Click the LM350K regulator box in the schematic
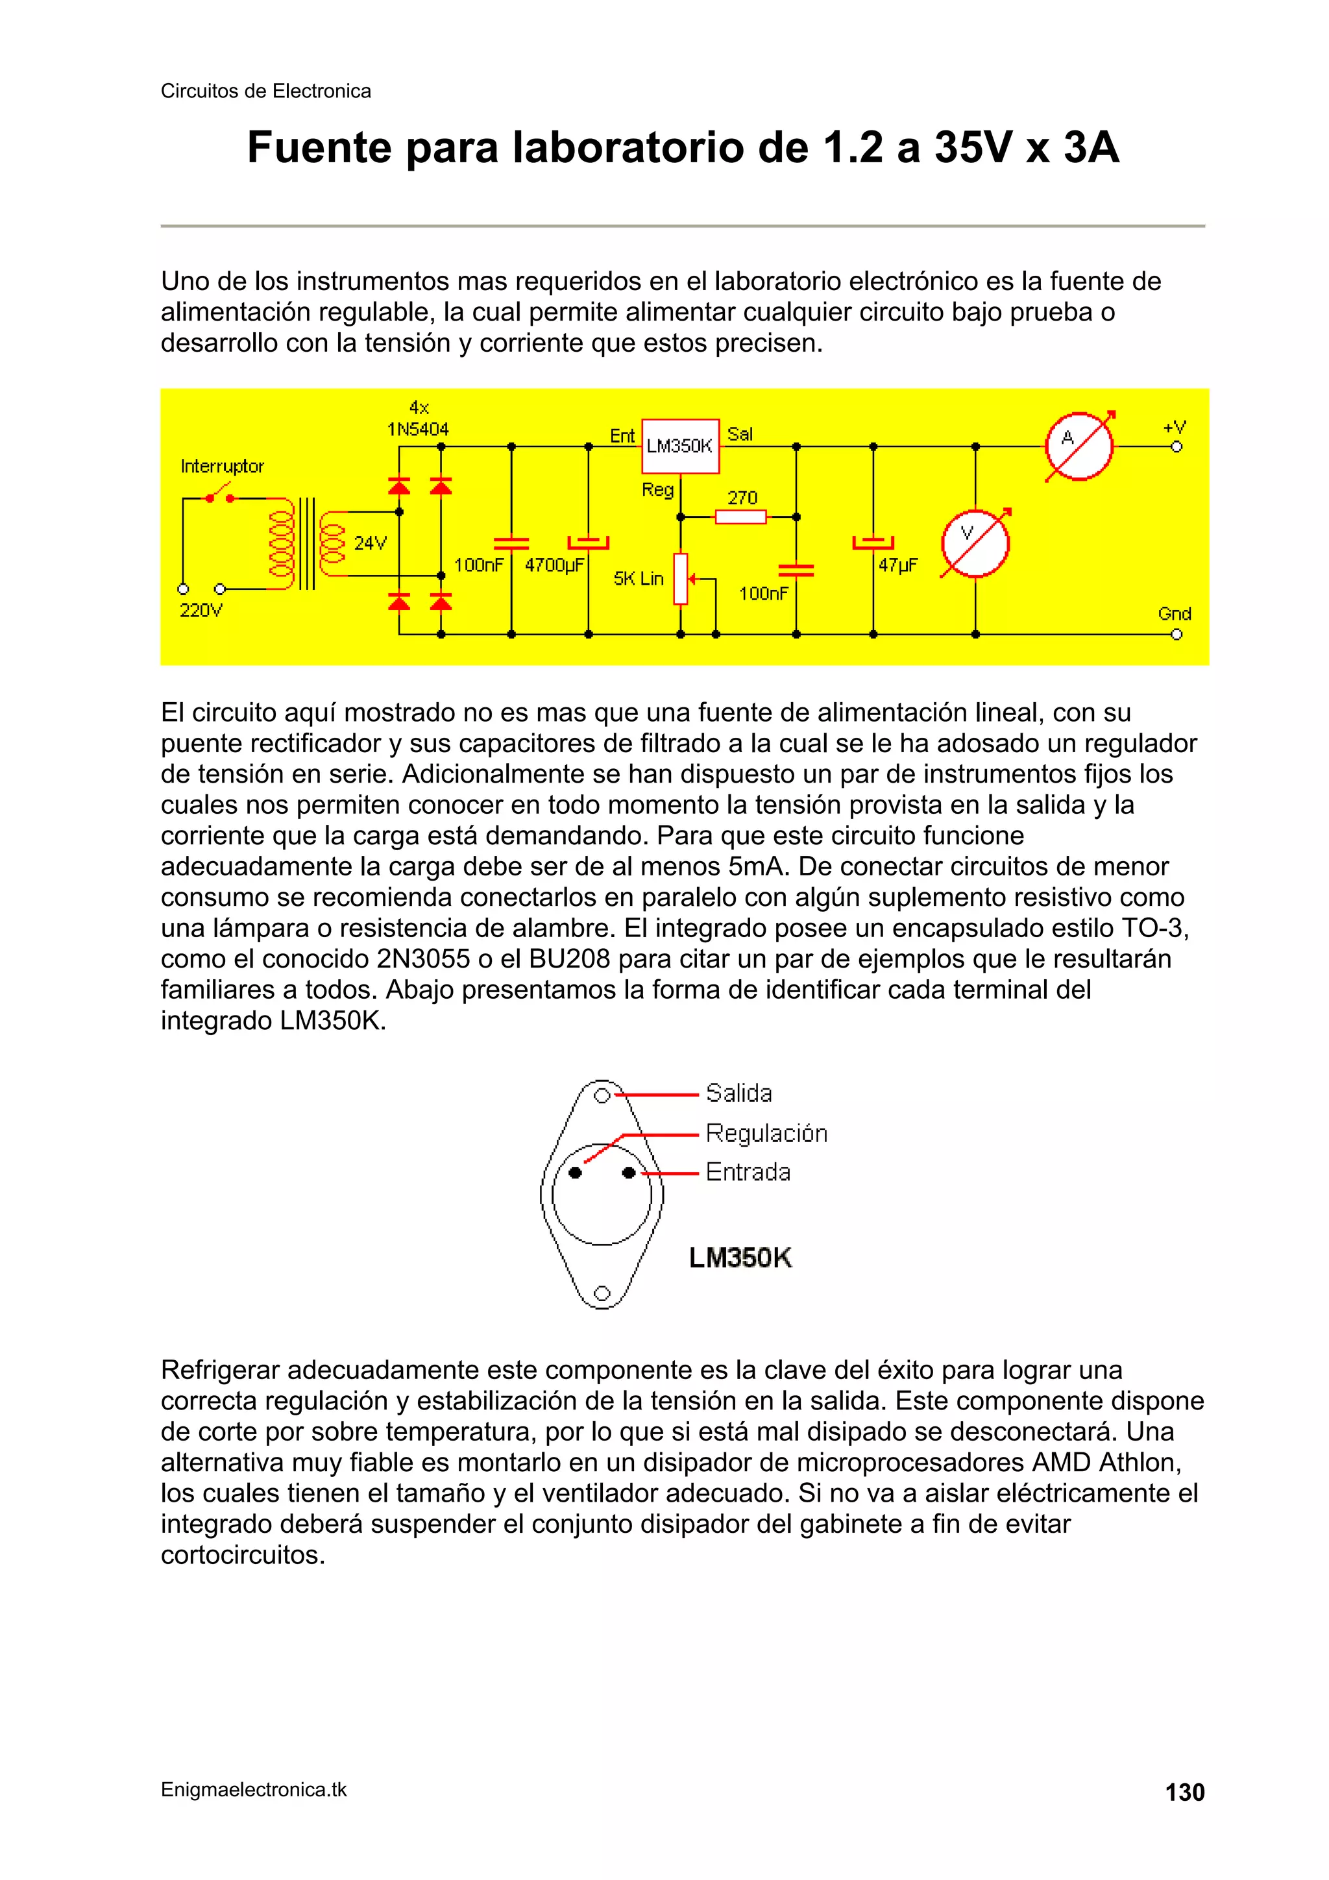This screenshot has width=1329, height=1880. pyautogui.click(x=679, y=446)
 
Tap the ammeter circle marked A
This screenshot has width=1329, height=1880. pyautogui.click(x=1079, y=446)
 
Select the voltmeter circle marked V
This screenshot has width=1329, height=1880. pyautogui.click(x=975, y=543)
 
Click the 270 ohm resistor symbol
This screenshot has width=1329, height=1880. pyautogui.click(x=740, y=517)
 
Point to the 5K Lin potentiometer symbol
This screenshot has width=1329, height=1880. pyautogui.click(x=681, y=579)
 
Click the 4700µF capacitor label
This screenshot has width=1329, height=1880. pyautogui.click(x=554, y=565)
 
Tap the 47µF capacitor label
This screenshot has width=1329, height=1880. pyautogui.click(x=898, y=565)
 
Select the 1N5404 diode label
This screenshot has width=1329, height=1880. pyautogui.click(x=418, y=429)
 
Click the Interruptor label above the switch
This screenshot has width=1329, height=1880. pyautogui.click(x=222, y=466)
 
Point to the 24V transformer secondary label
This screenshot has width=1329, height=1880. pyautogui.click(x=370, y=543)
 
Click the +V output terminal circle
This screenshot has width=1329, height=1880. pyautogui.click(x=1176, y=446)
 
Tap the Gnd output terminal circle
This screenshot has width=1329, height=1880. pyautogui.click(x=1176, y=635)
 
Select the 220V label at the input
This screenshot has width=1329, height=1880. pyautogui.click(x=201, y=610)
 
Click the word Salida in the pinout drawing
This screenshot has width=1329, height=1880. pyautogui.click(x=738, y=1093)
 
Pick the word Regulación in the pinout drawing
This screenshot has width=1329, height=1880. pyautogui.click(x=766, y=1133)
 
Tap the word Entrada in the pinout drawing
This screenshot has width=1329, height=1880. pyautogui.click(x=748, y=1172)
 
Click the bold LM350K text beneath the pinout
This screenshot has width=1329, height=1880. pyautogui.click(x=740, y=1258)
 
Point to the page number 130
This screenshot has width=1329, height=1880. pyautogui.click(x=1184, y=1792)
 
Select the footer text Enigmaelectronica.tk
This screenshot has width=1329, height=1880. pyautogui.click(x=254, y=1790)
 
